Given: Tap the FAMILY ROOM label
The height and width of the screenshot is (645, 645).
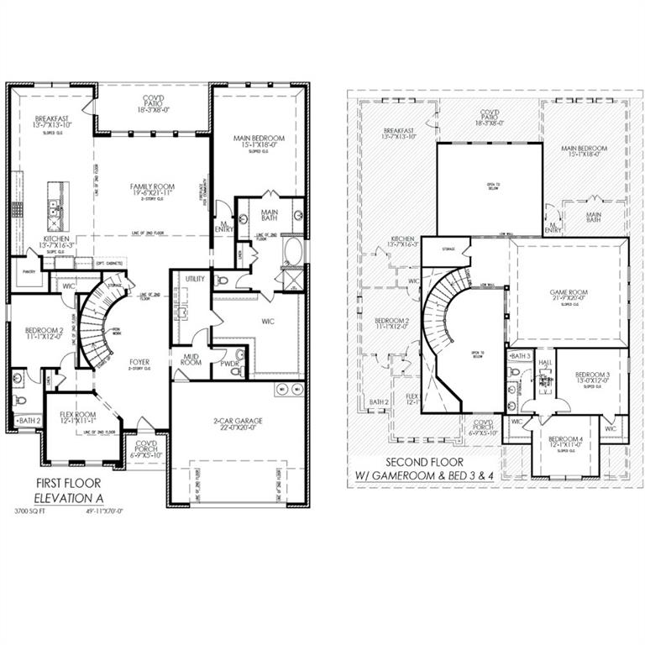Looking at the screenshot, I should pos(151,186).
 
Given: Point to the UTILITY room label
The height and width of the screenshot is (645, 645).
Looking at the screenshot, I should pos(195,278).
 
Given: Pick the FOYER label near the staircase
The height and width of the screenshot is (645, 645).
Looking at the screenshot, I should pos(139,364).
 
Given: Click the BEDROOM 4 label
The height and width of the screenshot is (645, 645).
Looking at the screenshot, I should pos(565,439).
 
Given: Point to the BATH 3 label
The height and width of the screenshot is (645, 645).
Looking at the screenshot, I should pos(522,356).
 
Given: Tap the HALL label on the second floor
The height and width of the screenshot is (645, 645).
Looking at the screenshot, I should pos(545,364).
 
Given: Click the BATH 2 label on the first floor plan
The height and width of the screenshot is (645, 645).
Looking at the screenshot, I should pos(28,420).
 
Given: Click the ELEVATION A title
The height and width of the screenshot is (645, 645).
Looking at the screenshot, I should pos(67,498).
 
